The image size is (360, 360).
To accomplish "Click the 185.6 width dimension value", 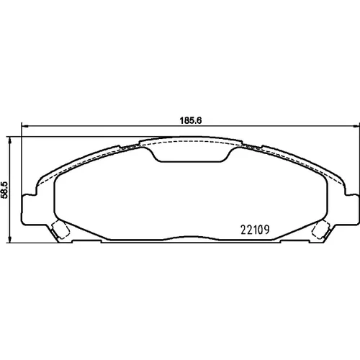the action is (x=191, y=120).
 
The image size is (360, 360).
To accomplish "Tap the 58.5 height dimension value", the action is (x=5, y=190).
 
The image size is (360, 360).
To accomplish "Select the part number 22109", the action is (x=255, y=230).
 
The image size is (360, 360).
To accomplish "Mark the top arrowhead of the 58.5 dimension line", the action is (x=9, y=140).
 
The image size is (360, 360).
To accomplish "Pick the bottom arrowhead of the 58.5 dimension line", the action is (x=9, y=239).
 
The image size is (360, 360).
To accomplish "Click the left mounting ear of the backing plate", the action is (x=30, y=210).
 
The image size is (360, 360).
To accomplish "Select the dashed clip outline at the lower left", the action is (x=60, y=230).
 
